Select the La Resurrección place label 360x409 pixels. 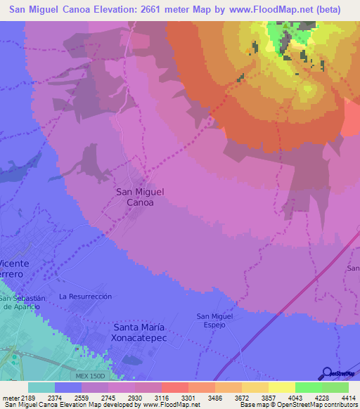pyautogui.click(x=86, y=297)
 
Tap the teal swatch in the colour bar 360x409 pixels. pyautogui.click(x=41, y=387)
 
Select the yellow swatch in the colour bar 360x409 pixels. pyautogui.click(x=282, y=387)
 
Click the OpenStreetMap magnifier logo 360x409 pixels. pyautogui.click(x=328, y=373)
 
